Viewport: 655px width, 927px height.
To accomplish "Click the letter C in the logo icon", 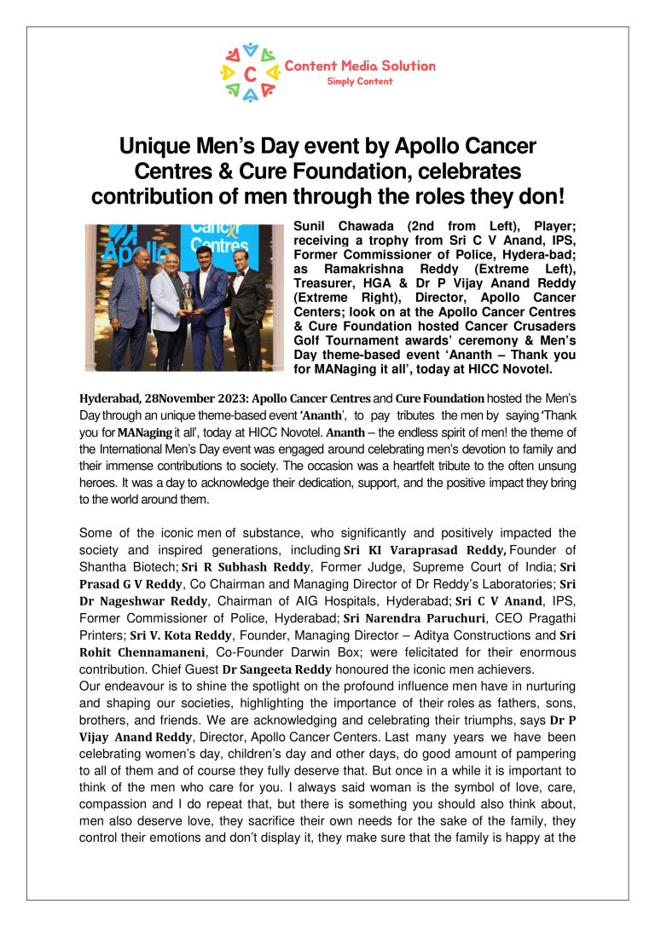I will [249, 73].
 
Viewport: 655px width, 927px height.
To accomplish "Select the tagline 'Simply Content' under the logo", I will [360, 81].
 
